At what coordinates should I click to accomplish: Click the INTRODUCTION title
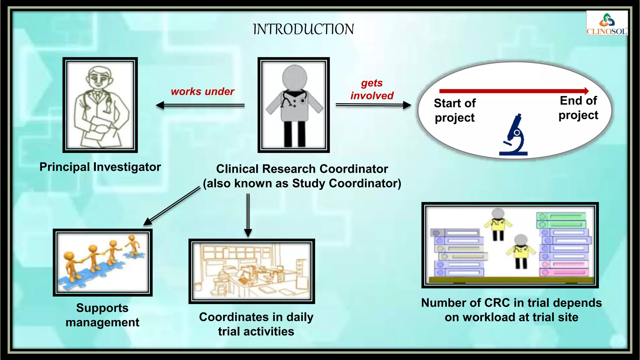click(303, 29)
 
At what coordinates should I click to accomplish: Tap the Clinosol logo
click(607, 23)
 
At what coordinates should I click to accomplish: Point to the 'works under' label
click(202, 92)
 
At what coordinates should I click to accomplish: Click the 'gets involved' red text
click(372, 89)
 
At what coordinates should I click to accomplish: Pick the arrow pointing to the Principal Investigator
click(200, 105)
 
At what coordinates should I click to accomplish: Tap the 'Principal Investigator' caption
click(100, 167)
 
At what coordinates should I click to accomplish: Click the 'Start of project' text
click(455, 110)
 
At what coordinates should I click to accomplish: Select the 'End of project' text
click(578, 108)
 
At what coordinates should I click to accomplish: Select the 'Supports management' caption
click(102, 315)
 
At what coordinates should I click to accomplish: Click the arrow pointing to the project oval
click(373, 105)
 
